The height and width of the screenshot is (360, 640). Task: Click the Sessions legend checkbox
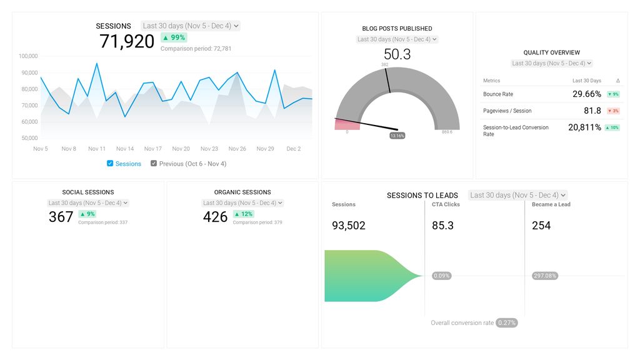tap(110, 164)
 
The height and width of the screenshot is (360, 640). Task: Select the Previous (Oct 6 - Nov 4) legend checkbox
tap(154, 164)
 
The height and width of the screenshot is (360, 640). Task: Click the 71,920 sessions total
tap(127, 41)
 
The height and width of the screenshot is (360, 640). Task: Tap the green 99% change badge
tap(174, 37)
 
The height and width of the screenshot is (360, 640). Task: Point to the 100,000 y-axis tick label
tap(28, 56)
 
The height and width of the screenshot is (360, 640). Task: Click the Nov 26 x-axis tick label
tap(237, 149)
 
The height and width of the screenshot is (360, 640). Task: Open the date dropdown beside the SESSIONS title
tap(191, 26)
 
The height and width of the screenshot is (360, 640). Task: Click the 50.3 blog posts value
tap(397, 54)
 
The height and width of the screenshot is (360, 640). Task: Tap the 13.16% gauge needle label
tap(397, 135)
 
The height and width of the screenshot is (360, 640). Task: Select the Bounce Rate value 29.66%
tap(586, 94)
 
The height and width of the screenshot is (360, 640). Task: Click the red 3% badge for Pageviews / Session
tap(612, 111)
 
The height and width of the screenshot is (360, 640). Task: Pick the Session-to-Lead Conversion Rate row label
tap(516, 130)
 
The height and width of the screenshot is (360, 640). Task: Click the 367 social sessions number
tap(61, 217)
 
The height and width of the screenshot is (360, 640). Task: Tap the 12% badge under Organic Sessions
tap(243, 214)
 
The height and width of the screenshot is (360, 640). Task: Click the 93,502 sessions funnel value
tap(348, 226)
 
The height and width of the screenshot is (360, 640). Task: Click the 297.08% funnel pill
tap(545, 276)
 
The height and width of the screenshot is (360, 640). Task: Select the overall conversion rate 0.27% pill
tap(506, 323)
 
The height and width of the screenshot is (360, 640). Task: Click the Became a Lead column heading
tap(551, 204)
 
